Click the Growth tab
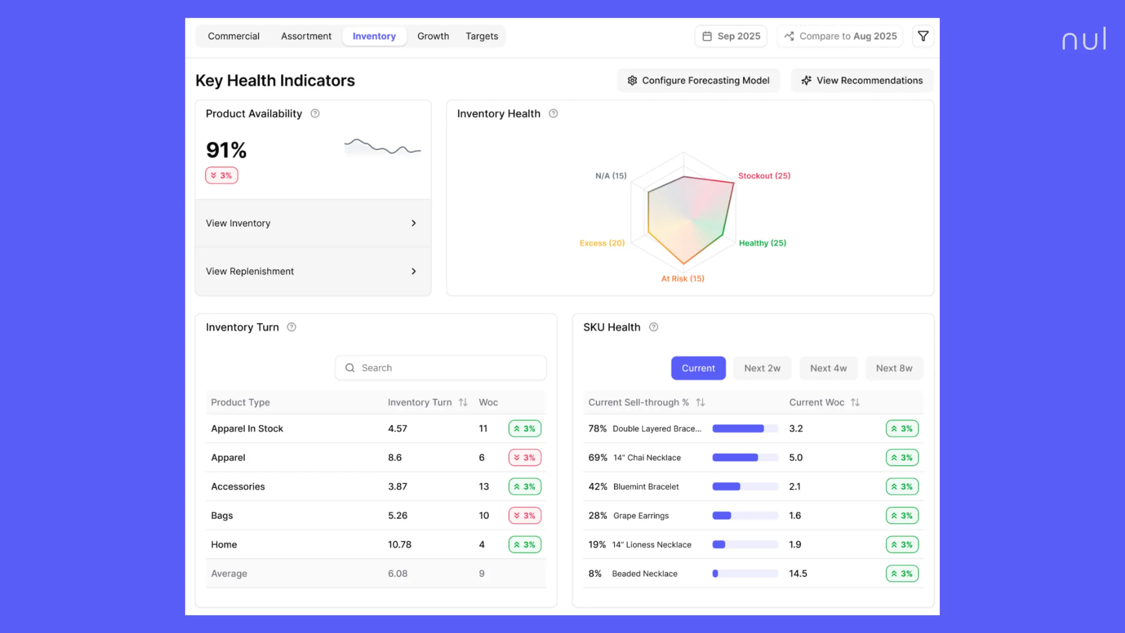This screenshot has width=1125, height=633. tap(433, 36)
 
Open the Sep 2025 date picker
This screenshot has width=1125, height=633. tap(731, 36)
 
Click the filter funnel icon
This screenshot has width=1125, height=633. tap(923, 36)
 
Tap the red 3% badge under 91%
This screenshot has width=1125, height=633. tap(221, 175)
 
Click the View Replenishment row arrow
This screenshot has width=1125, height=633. tap(414, 271)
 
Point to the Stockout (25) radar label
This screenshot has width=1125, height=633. tap(764, 175)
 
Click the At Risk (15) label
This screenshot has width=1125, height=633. tap(682, 279)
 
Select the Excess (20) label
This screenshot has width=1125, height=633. tap(602, 243)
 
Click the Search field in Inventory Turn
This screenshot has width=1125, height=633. tap(440, 368)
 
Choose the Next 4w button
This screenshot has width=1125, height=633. tap(828, 368)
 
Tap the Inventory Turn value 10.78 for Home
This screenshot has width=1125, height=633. tap(400, 544)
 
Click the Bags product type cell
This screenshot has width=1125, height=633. tap(222, 516)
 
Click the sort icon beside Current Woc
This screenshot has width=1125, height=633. tap(855, 402)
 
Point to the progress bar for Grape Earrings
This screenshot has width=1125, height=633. tap(744, 516)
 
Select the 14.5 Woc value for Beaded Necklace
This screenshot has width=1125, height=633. tap(798, 573)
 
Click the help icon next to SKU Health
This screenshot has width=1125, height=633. tap(653, 327)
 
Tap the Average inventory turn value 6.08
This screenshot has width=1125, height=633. tap(397, 573)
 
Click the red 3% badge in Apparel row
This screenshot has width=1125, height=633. tap(524, 458)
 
